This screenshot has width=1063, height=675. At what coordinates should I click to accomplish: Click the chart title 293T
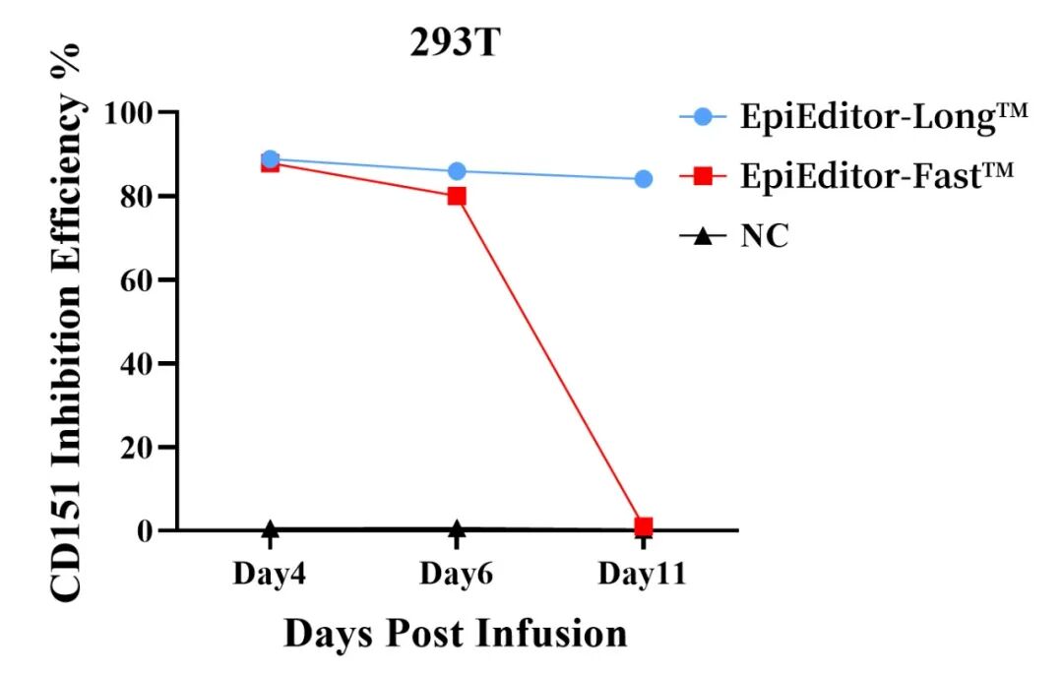[x=455, y=43]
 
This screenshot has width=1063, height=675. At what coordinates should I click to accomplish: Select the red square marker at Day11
[x=644, y=526]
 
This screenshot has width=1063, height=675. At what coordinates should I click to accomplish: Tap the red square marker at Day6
[x=456, y=196]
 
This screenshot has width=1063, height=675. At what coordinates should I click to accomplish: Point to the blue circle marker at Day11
[x=644, y=179]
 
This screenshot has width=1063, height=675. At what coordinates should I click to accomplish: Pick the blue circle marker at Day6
[x=456, y=171]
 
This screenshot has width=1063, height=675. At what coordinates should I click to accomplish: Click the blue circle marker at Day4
[x=270, y=159]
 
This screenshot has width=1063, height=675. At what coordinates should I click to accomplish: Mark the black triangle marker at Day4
[x=270, y=530]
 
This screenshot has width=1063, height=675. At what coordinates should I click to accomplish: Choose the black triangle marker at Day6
[x=456, y=530]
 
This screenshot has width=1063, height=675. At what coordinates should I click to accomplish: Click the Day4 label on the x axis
[x=269, y=575]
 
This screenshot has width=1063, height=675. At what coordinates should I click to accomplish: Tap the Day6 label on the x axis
[x=456, y=575]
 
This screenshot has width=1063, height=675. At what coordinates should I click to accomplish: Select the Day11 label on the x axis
[x=643, y=575]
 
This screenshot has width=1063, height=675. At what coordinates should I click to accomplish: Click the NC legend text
[x=765, y=236]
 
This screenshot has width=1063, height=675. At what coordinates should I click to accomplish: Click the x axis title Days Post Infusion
[x=456, y=634]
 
